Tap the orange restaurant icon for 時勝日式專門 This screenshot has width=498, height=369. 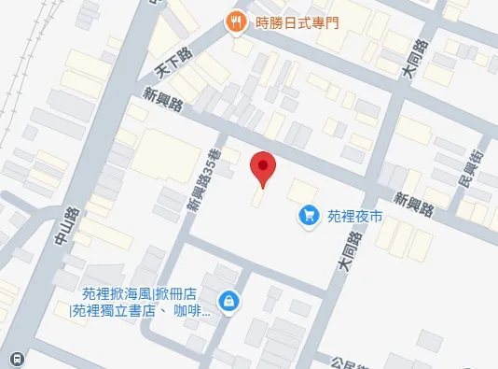pyautogui.click(x=237, y=21)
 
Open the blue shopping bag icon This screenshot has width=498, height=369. pyautogui.click(x=228, y=301)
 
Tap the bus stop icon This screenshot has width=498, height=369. pyautogui.click(x=17, y=359)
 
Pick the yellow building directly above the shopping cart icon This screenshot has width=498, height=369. pyautogui.click(x=302, y=189)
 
